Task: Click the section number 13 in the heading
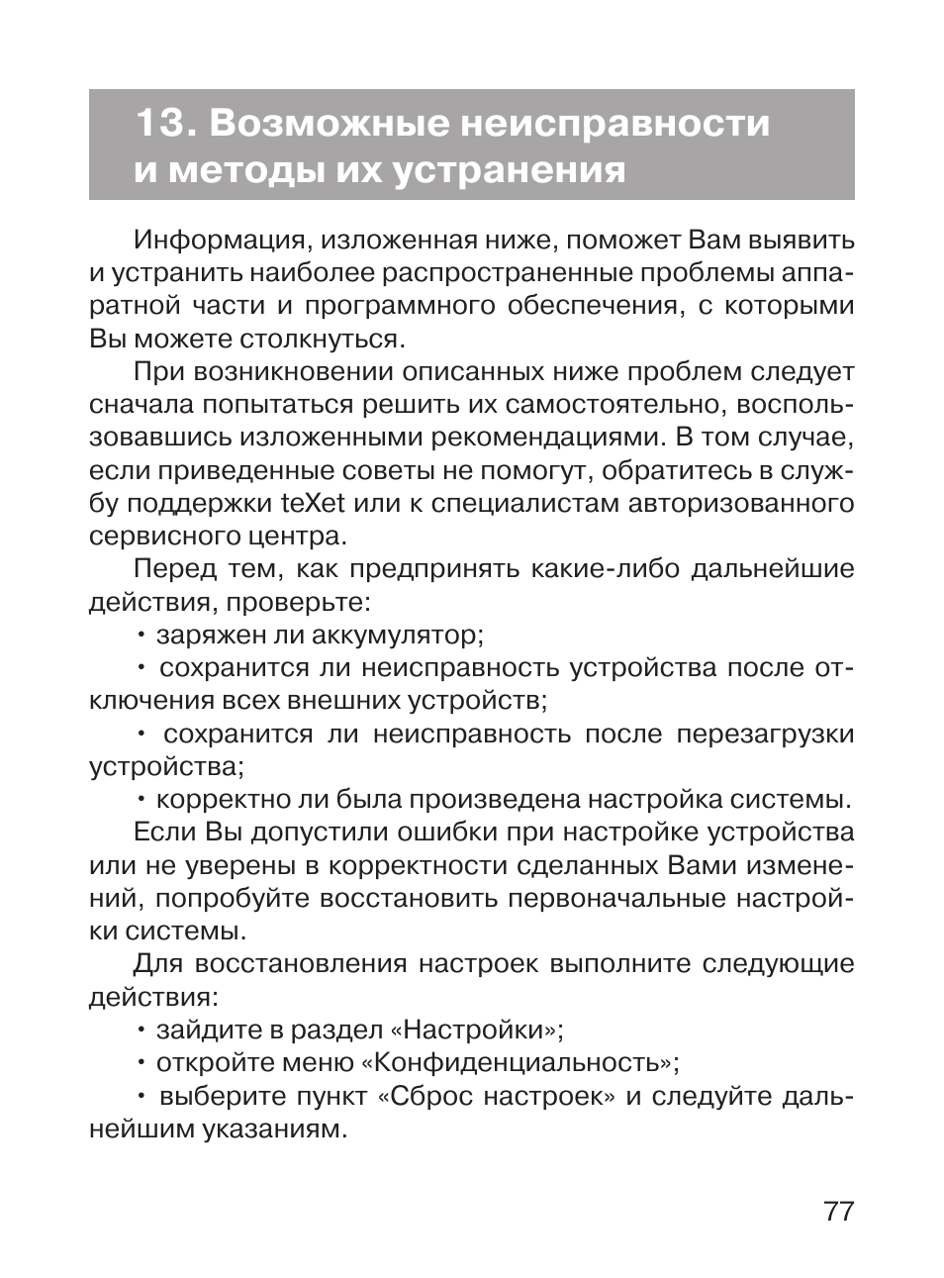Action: pos(160,124)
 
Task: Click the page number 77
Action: pos(837,1211)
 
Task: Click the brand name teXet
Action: pos(313,504)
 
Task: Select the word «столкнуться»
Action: pos(322,340)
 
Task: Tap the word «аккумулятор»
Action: pos(394,635)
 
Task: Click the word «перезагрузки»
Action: pos(765,734)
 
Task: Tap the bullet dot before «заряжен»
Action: pos(142,636)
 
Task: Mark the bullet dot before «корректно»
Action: pos(142,800)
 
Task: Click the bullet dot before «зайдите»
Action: pos(142,1031)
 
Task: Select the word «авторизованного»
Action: pos(751,504)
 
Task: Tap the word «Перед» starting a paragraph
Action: pos(174,569)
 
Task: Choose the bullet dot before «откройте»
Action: pos(142,1064)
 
